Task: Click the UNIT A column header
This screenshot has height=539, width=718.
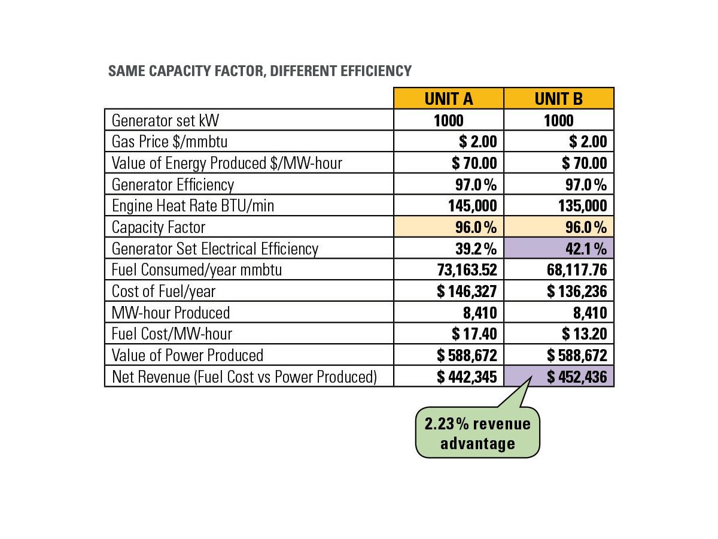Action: (448, 98)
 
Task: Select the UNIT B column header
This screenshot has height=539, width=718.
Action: (558, 98)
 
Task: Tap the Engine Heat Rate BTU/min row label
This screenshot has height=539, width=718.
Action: (193, 206)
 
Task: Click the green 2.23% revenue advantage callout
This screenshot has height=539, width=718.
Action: (477, 433)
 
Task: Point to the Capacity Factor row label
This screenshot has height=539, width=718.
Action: (159, 228)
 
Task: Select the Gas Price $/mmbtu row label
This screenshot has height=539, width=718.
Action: (170, 142)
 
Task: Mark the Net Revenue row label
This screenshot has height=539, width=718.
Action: (244, 376)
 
